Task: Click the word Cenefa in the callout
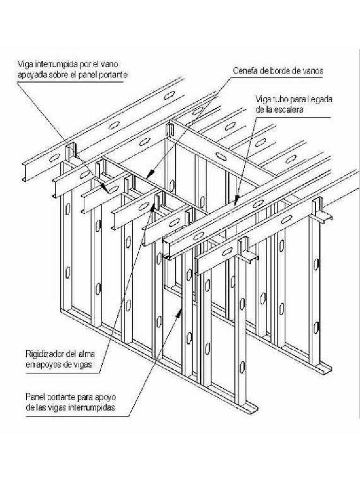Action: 245,71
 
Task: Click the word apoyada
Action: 31,74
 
